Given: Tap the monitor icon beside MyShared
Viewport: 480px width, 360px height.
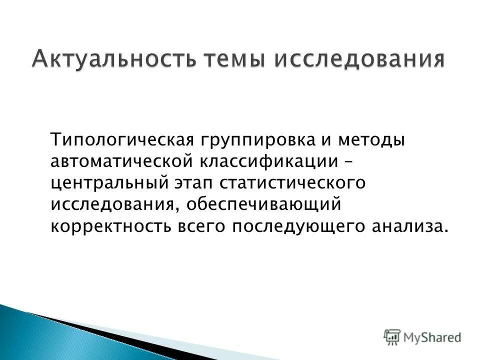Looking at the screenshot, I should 392,336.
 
